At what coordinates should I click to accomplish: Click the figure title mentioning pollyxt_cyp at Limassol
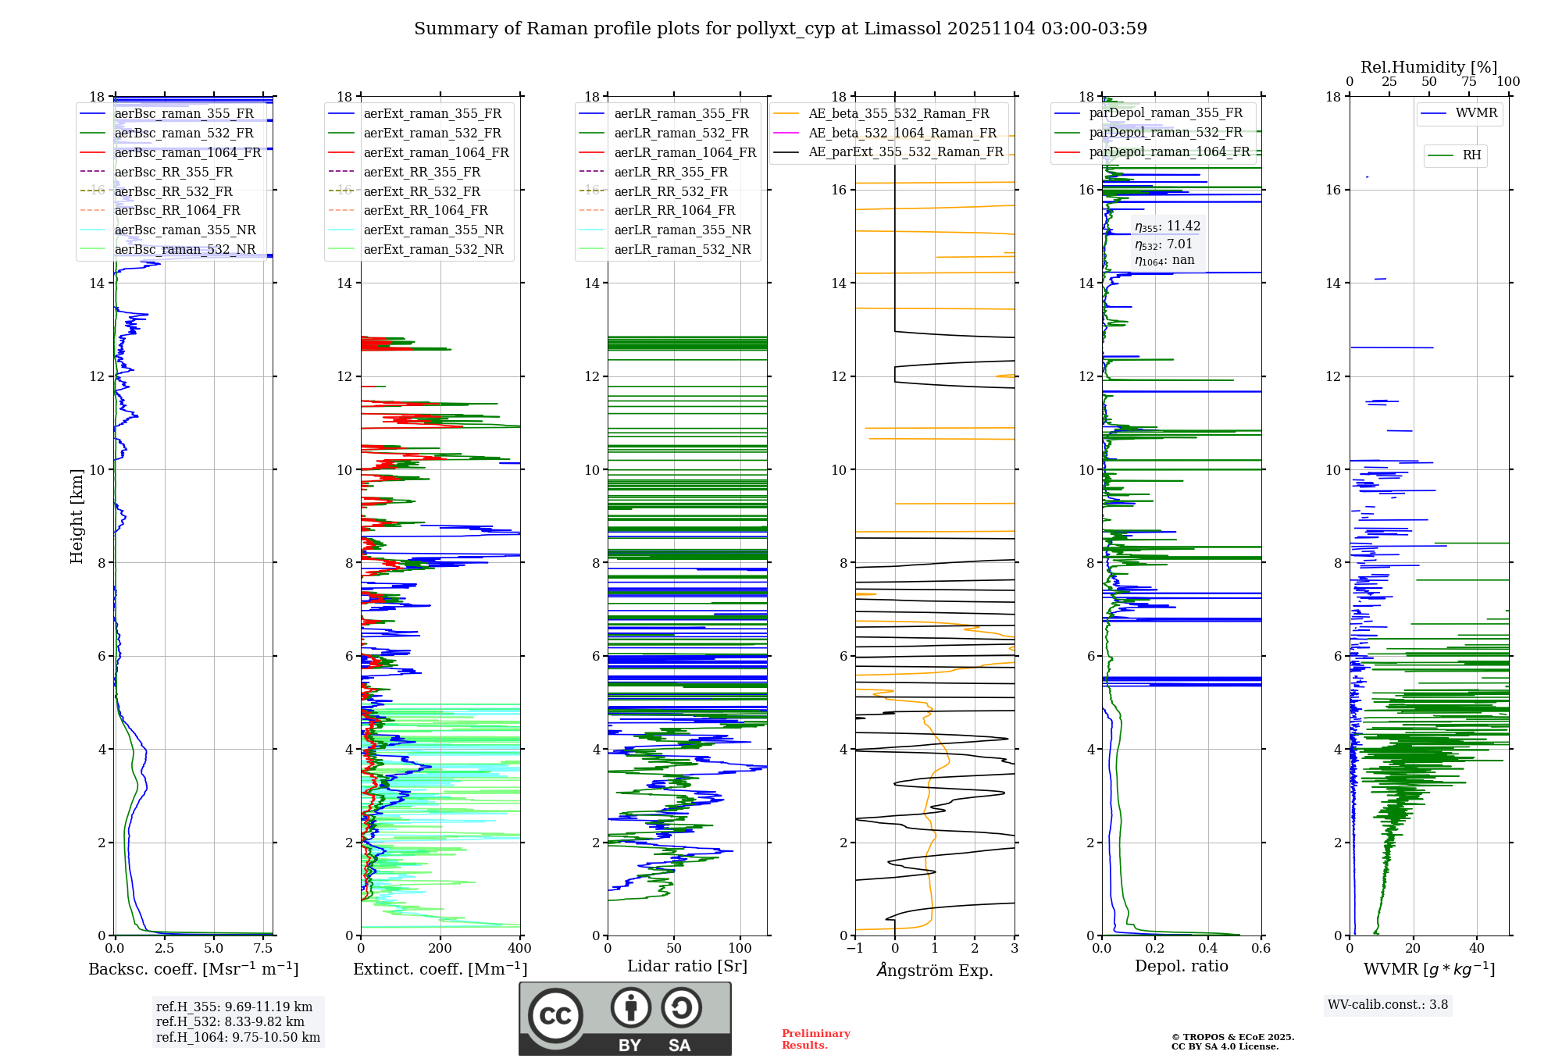click(780, 29)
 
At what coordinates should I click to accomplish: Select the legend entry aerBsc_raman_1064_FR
click(187, 152)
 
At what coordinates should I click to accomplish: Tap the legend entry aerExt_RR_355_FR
click(422, 172)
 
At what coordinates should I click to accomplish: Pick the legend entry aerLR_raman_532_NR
click(682, 250)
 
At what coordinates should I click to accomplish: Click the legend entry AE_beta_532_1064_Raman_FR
click(902, 133)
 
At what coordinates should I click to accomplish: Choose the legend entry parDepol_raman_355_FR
click(1165, 113)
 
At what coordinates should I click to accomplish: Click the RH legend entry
click(1471, 155)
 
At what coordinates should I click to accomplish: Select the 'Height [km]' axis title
click(77, 516)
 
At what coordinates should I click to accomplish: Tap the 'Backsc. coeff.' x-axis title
click(193, 969)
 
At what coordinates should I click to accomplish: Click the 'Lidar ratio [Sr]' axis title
click(687, 966)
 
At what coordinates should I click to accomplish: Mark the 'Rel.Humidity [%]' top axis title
click(1428, 67)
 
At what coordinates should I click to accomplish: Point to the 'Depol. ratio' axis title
click(1181, 966)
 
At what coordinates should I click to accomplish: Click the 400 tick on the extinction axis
click(519, 949)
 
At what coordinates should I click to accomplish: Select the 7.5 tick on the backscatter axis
click(263, 949)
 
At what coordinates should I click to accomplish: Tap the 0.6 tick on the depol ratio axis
click(1261, 949)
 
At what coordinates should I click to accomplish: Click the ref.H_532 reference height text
click(230, 1022)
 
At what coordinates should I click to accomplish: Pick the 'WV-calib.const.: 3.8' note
click(1388, 1005)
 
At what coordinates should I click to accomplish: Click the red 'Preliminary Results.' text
click(815, 1039)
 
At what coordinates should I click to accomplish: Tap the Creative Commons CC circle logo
click(555, 1015)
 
